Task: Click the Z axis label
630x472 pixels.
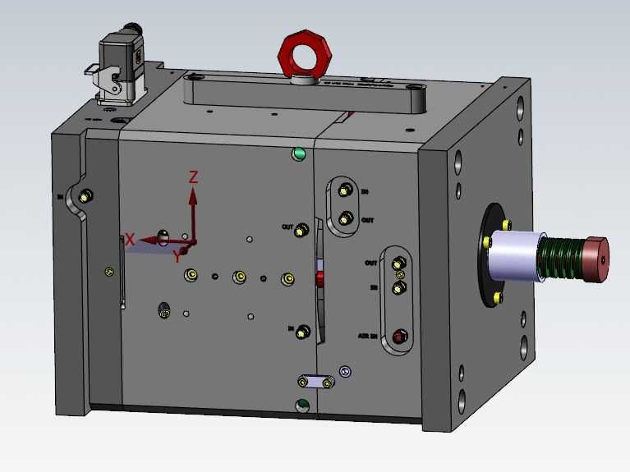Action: tap(194, 176)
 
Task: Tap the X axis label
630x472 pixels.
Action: tap(130, 240)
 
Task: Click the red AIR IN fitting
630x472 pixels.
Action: tap(400, 336)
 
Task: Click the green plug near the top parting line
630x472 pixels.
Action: tap(299, 154)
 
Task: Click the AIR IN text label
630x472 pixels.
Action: tap(367, 336)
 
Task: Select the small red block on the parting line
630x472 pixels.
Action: tap(320, 278)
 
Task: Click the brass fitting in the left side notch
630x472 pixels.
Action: tap(87, 196)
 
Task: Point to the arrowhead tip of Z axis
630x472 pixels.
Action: tap(193, 190)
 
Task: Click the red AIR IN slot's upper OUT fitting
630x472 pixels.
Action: tap(398, 264)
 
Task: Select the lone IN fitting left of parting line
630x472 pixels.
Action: tap(303, 331)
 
